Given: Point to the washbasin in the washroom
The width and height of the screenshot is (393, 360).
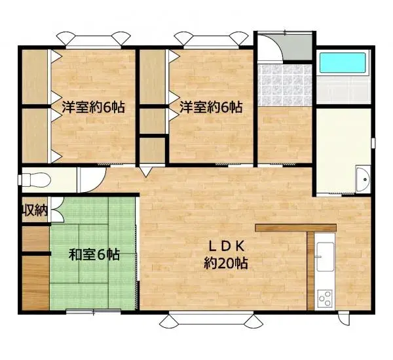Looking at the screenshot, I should click(x=363, y=179).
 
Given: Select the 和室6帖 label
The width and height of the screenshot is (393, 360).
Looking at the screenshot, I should click(x=94, y=254).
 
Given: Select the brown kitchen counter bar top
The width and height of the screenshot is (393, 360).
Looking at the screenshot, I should click(x=295, y=228).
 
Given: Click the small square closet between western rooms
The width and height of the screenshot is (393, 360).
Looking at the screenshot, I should click(x=151, y=150).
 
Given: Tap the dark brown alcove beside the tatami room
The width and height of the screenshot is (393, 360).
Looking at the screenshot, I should click(x=34, y=281).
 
